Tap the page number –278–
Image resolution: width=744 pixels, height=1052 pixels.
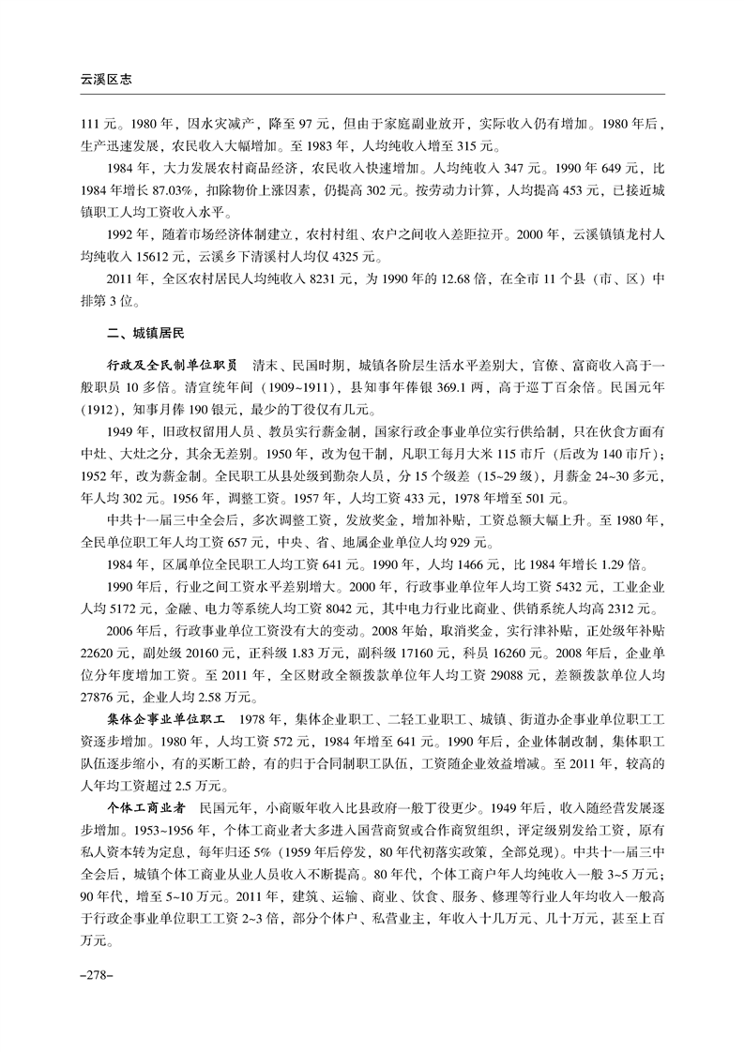[97, 976]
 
